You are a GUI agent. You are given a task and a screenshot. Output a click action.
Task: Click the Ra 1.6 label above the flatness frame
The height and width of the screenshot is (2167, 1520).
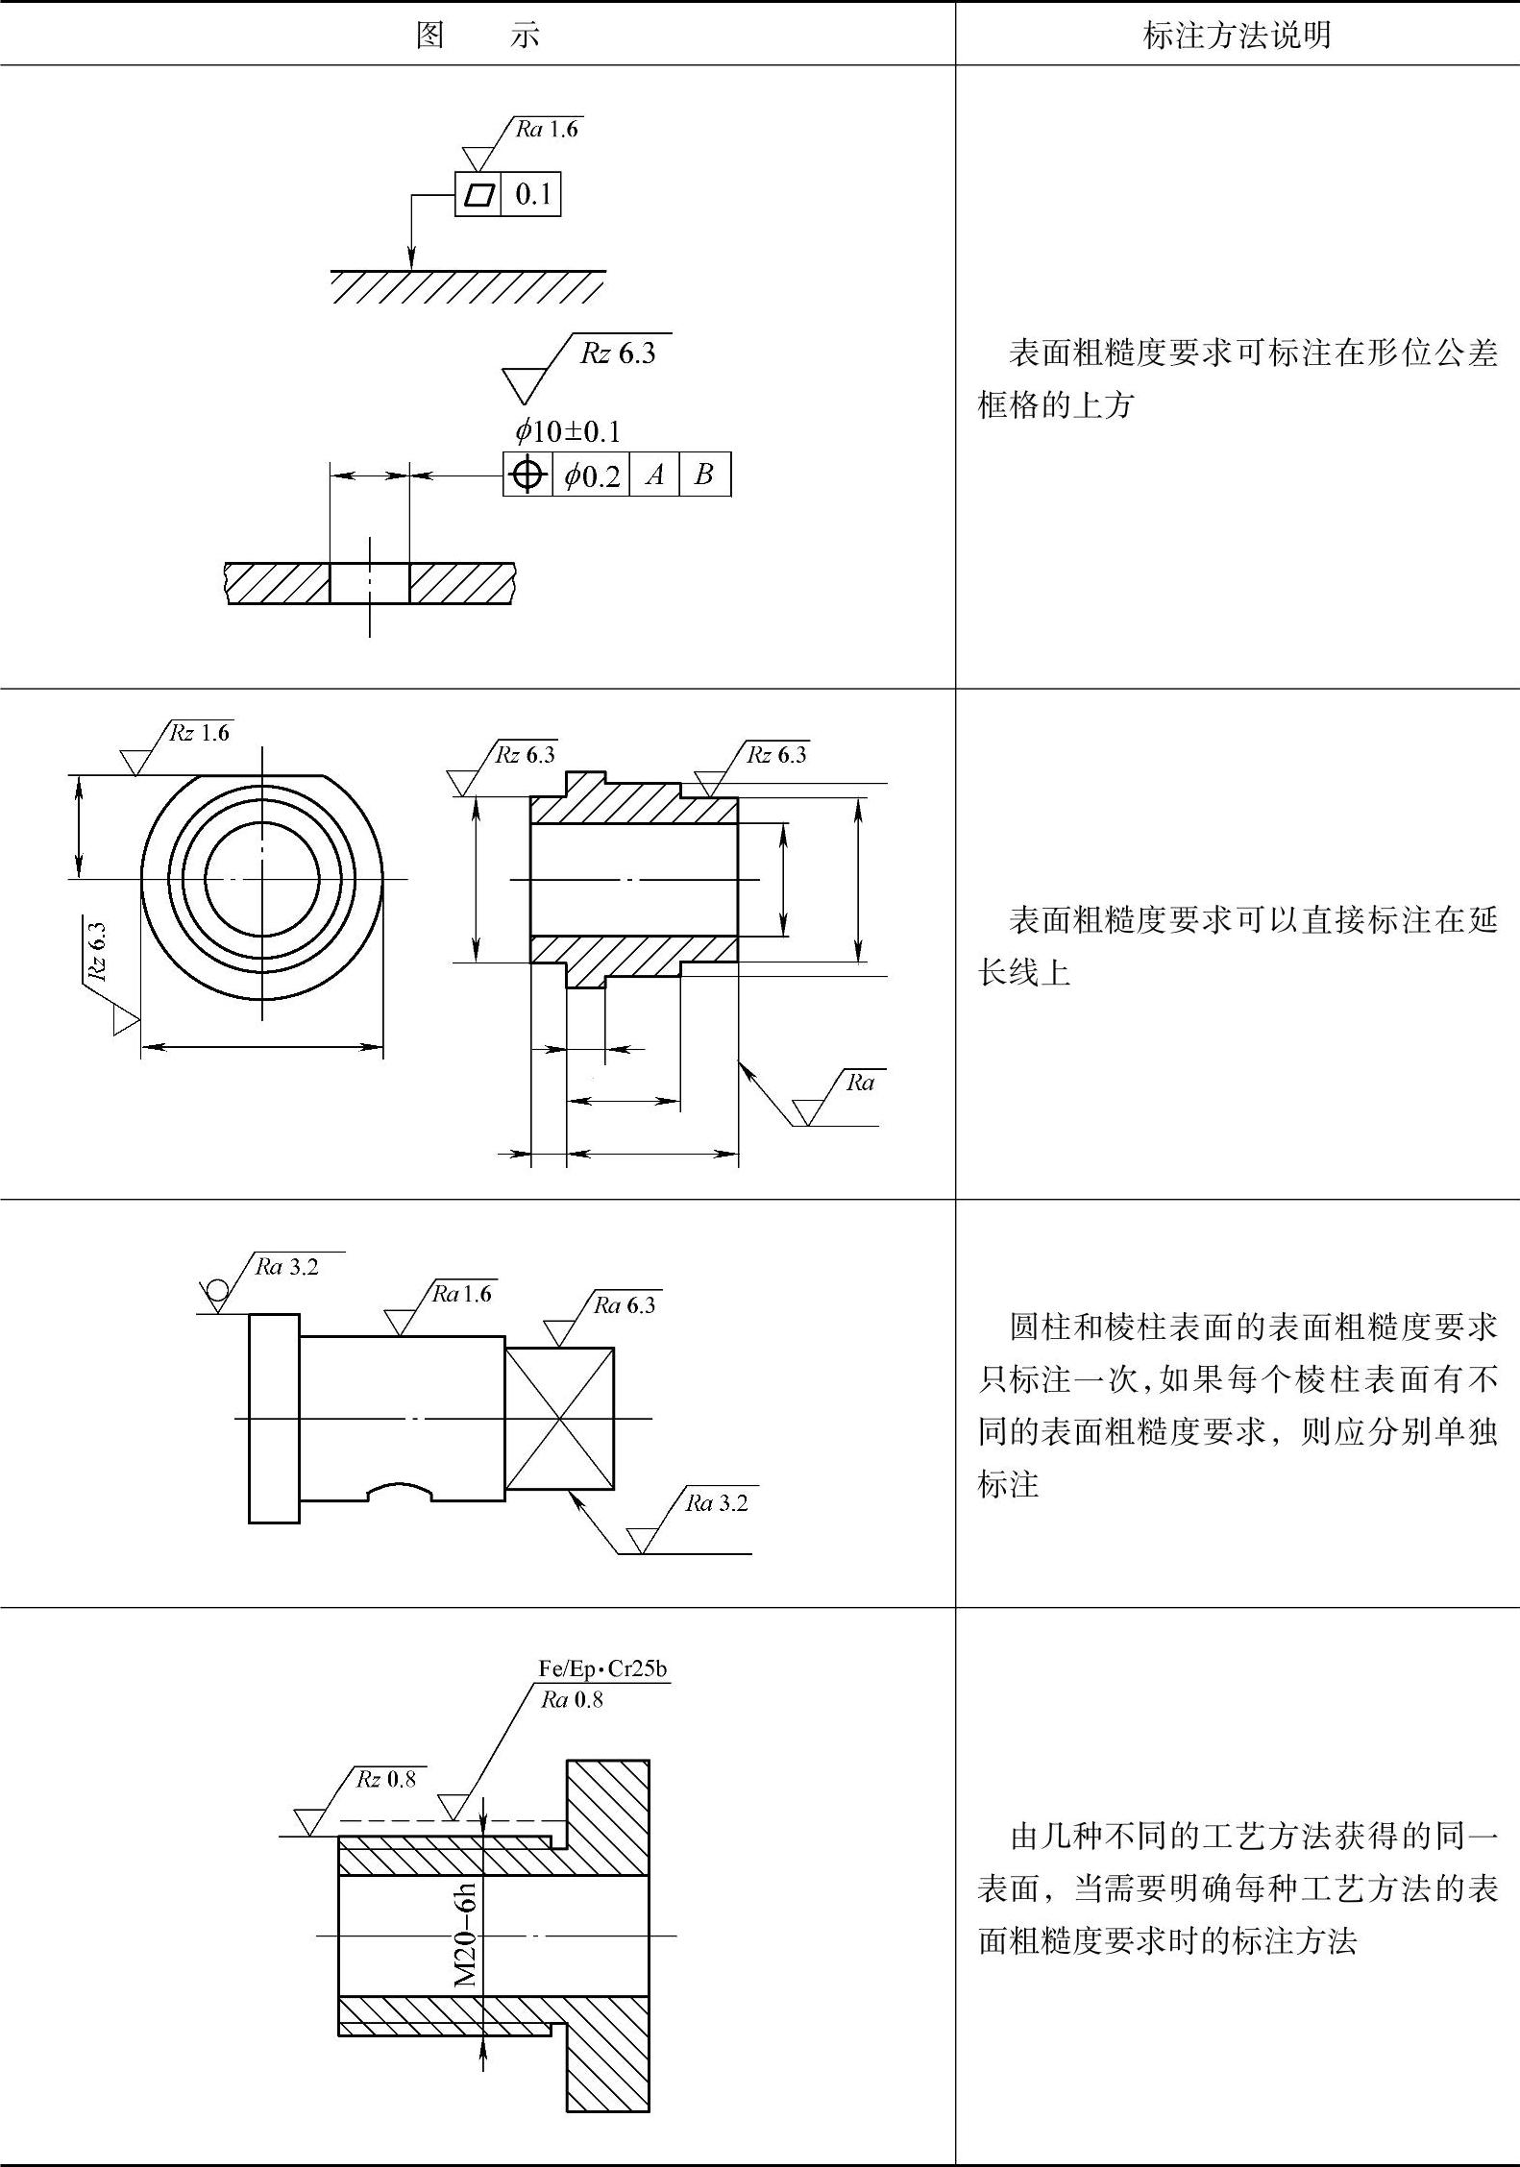coord(547,130)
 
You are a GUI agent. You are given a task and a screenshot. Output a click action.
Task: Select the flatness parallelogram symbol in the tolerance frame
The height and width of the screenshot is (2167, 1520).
coord(478,195)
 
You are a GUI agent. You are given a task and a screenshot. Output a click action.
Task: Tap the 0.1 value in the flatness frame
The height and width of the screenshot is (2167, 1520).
coord(533,195)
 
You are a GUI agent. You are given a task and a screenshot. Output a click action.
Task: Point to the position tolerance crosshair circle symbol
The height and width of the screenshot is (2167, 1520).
coord(527,475)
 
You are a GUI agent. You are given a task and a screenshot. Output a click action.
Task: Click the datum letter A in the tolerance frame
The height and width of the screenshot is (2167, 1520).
coord(655,475)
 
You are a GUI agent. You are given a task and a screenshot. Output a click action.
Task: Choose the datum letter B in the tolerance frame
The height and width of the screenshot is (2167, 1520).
coord(704,475)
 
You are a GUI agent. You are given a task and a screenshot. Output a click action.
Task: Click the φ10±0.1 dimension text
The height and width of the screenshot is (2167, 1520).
coord(568,431)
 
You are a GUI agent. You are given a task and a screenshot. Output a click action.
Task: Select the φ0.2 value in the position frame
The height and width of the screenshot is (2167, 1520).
coord(592,475)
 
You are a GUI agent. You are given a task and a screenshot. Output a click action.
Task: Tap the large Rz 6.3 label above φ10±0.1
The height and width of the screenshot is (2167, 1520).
coord(618,353)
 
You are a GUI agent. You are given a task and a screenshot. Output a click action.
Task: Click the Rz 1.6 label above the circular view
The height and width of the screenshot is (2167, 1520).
coord(200,733)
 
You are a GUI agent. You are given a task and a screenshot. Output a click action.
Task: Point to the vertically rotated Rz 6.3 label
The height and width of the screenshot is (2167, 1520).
coord(97,950)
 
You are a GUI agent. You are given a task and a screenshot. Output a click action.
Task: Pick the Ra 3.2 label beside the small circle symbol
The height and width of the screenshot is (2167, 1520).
coord(286,1267)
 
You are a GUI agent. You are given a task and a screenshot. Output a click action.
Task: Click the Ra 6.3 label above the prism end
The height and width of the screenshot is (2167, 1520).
coord(625,1305)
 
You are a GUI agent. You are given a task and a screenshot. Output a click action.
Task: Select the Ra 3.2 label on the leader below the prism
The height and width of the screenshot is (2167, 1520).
coord(716,1503)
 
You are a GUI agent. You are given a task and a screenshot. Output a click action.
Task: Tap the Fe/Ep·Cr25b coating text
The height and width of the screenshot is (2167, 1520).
coord(602,1668)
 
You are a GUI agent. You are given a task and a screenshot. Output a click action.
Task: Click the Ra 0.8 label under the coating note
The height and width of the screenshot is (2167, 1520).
coord(572,1699)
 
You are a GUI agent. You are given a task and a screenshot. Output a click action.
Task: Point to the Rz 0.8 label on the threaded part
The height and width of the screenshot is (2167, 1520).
coord(386,1779)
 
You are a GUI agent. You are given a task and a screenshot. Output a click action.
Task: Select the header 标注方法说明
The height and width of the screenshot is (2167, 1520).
coord(1237,36)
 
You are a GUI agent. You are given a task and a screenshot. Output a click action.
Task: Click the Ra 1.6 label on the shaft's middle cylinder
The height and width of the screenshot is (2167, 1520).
coord(462,1294)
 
